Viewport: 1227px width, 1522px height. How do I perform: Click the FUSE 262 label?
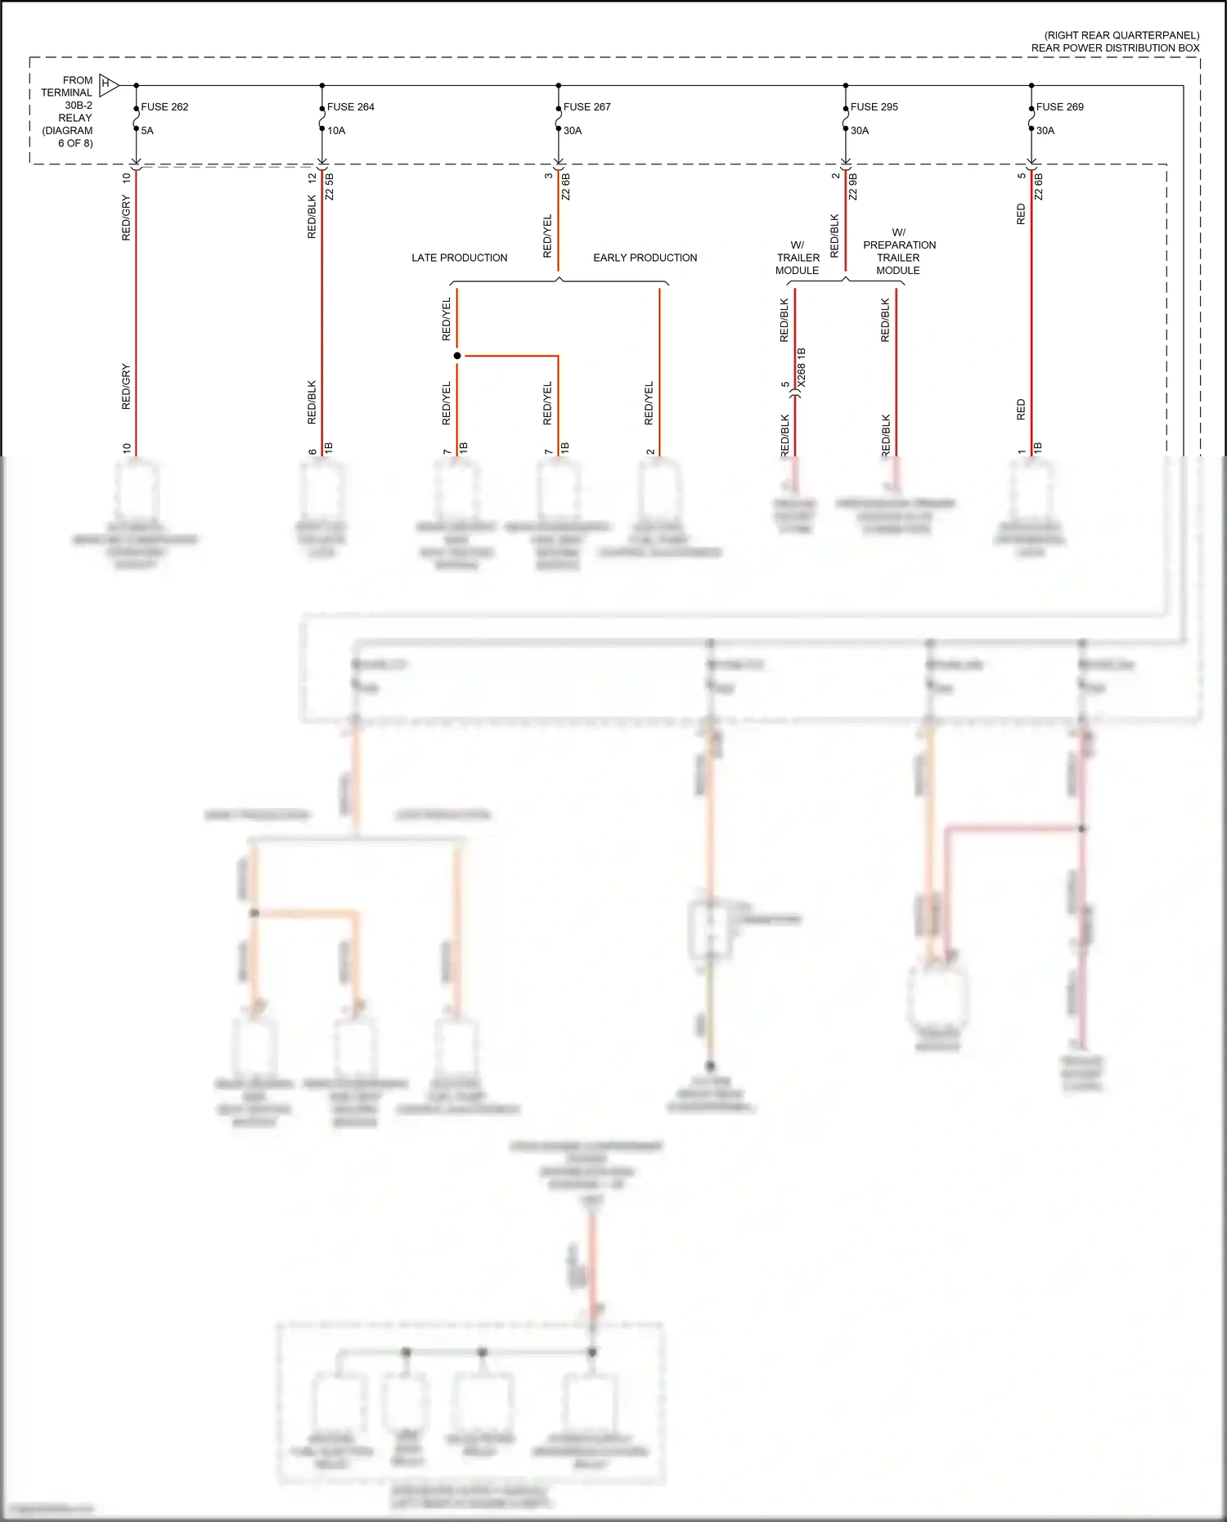(x=164, y=107)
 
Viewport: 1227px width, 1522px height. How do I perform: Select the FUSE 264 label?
(x=350, y=107)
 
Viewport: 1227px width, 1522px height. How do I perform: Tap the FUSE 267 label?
(x=587, y=107)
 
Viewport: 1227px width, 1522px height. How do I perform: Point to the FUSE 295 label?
(x=874, y=107)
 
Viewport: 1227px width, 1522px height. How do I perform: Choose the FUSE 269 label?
(x=1059, y=107)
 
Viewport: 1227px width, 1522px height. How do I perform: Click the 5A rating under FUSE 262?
(x=147, y=131)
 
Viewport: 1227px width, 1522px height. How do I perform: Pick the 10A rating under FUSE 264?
(x=336, y=131)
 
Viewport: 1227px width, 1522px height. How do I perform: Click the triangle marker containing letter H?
(x=107, y=84)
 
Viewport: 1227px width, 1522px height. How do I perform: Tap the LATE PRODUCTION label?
(x=459, y=258)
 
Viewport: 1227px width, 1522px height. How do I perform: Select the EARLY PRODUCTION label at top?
(x=645, y=258)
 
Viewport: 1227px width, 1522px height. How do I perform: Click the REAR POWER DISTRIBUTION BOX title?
(x=1115, y=48)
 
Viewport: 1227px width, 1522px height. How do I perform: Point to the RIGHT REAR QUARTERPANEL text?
(x=1121, y=35)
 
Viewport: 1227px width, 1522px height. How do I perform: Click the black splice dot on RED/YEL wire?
(x=457, y=356)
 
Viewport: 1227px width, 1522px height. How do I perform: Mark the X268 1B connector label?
(x=802, y=367)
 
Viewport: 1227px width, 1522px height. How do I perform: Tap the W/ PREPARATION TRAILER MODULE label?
(x=898, y=251)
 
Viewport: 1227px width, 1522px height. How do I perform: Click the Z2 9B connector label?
(x=853, y=186)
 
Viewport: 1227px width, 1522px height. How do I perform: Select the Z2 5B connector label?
(x=330, y=186)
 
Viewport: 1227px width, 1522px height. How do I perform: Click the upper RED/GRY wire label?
(x=126, y=218)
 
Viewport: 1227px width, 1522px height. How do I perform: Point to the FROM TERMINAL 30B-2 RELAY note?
(x=69, y=111)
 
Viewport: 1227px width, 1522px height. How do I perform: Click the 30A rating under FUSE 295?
(x=859, y=131)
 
